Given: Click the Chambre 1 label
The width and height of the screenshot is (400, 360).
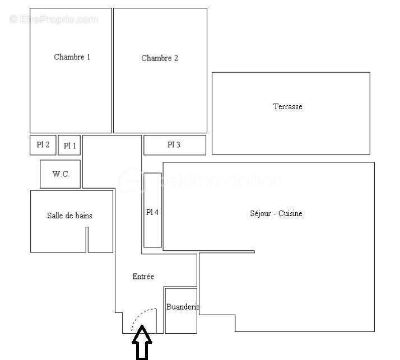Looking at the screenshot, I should pyautogui.click(x=72, y=57).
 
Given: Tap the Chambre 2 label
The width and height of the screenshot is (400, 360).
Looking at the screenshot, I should pyautogui.click(x=160, y=58).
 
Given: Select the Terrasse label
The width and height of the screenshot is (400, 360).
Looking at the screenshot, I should pyautogui.click(x=287, y=106).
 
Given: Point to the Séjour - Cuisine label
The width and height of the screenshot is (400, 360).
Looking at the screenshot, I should pyautogui.click(x=276, y=213).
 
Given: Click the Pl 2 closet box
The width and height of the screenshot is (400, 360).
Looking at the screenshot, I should pyautogui.click(x=43, y=145).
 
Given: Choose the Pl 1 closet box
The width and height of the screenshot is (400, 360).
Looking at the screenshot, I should pyautogui.click(x=69, y=146).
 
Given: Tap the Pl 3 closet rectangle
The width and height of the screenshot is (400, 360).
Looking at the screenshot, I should pyautogui.click(x=174, y=145).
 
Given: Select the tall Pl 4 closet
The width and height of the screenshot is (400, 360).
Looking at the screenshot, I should pyautogui.click(x=152, y=211).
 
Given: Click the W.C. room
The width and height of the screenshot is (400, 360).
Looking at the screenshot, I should pyautogui.click(x=61, y=174).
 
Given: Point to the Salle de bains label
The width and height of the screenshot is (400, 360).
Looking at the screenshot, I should pyautogui.click(x=69, y=216).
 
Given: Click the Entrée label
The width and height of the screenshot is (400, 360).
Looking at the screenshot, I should pyautogui.click(x=143, y=277).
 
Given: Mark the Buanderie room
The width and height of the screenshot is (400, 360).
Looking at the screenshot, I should pyautogui.click(x=181, y=310).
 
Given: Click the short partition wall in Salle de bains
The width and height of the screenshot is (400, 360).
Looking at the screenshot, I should pyautogui.click(x=87, y=240).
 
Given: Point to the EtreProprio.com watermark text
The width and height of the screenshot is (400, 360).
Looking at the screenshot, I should pyautogui.click(x=53, y=20).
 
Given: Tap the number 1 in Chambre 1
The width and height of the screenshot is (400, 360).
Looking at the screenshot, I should pyautogui.click(x=88, y=57).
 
